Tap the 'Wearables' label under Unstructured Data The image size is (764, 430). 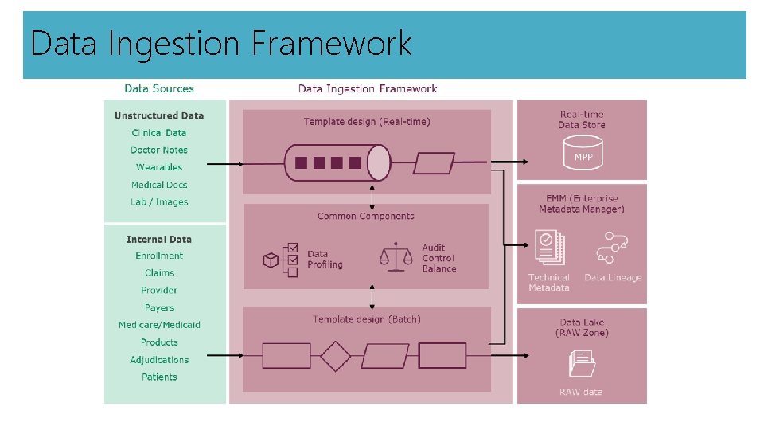(159, 167)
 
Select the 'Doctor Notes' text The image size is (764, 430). (159, 150)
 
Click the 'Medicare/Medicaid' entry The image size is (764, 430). (159, 325)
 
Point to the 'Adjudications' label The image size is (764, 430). (159, 360)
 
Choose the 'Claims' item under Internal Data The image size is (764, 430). (159, 273)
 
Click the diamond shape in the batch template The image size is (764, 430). (335, 355)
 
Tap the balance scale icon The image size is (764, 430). (396, 256)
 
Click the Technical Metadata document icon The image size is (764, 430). (549, 249)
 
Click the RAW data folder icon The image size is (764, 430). (582, 364)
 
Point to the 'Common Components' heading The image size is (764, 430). (365, 216)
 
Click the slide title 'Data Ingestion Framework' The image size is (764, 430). (220, 43)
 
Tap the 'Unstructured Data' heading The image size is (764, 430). (159, 115)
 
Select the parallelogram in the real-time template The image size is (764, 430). (435, 162)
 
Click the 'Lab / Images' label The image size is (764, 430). (159, 202)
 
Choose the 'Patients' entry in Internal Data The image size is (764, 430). (159, 377)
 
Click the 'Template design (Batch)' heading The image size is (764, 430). (367, 319)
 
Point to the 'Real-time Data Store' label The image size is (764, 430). (582, 119)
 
